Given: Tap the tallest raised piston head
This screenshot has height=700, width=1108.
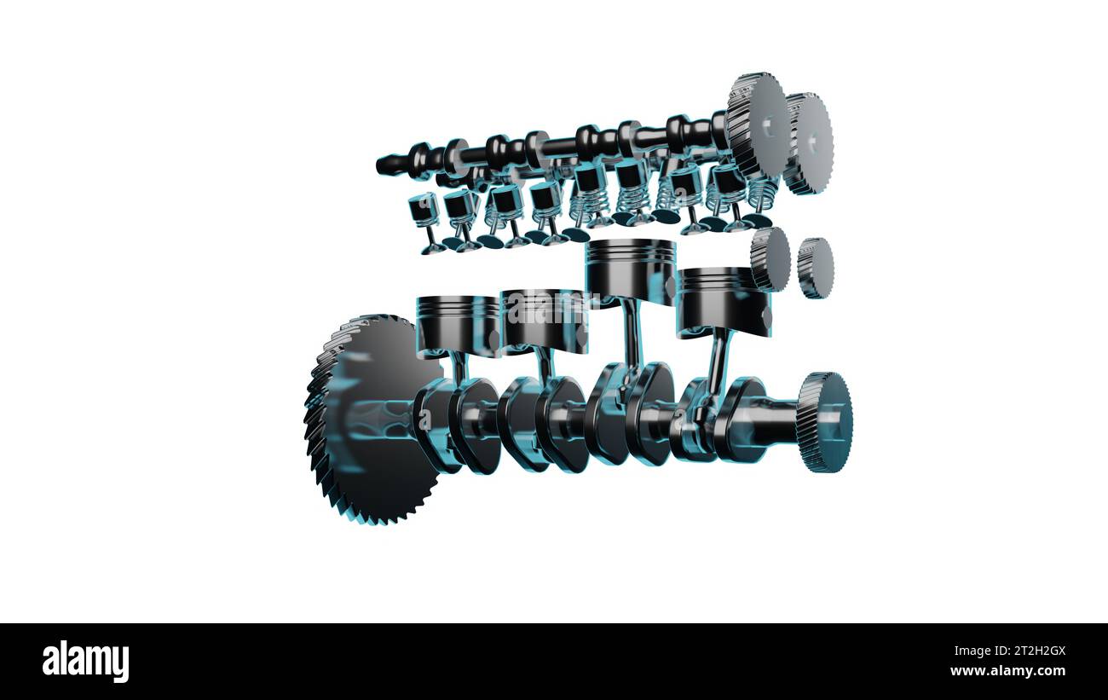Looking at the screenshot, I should coord(630,269).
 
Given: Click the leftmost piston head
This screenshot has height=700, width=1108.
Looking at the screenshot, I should coord(457,325).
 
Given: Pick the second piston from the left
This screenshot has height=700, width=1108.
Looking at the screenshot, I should coord(544,320).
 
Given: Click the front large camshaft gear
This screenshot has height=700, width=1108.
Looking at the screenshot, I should coord(757,125).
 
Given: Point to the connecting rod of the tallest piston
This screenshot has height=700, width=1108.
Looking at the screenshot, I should coord(632,333).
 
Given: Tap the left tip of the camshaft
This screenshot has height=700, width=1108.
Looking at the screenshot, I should coord(383,165).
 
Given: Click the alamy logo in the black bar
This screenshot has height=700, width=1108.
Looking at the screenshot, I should coord(85,662).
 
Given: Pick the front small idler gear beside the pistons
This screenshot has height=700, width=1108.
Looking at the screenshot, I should coord(770,259).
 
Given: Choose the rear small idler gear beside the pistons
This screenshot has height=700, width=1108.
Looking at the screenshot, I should coord(816,268).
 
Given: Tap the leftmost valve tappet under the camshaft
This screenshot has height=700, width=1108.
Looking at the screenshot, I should coord(423,209).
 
